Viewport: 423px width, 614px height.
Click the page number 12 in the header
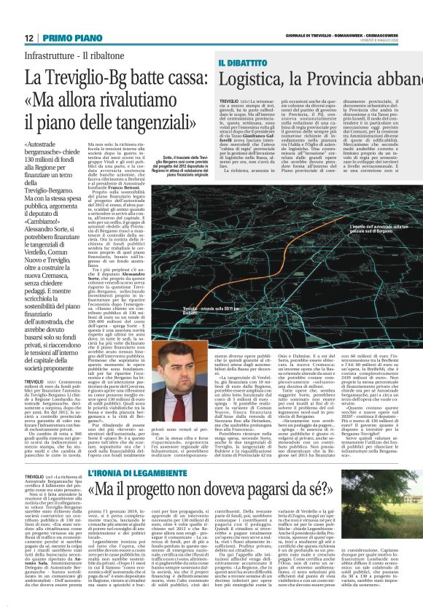point(30,37)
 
